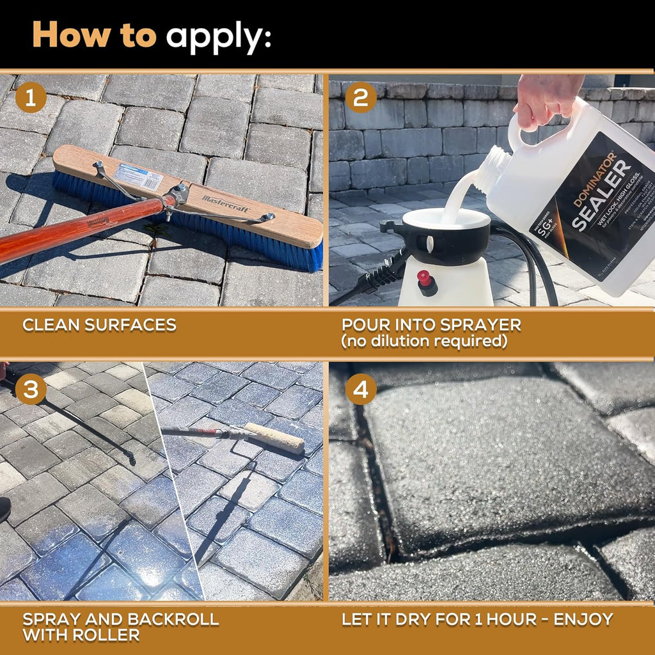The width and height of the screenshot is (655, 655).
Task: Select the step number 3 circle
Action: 30,389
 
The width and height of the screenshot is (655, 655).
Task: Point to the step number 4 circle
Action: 360,389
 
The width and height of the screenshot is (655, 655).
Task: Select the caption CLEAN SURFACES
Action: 99,324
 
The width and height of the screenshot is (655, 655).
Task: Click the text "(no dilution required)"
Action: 424,342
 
